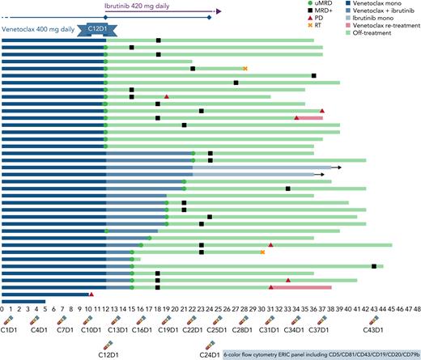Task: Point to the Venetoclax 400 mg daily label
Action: pos(39,29)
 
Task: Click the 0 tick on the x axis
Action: pos(2,309)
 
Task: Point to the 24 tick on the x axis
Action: pos(210,309)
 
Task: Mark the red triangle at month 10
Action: pos(91,294)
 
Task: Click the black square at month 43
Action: pos(374,265)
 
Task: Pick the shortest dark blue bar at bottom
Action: pos(23,302)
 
